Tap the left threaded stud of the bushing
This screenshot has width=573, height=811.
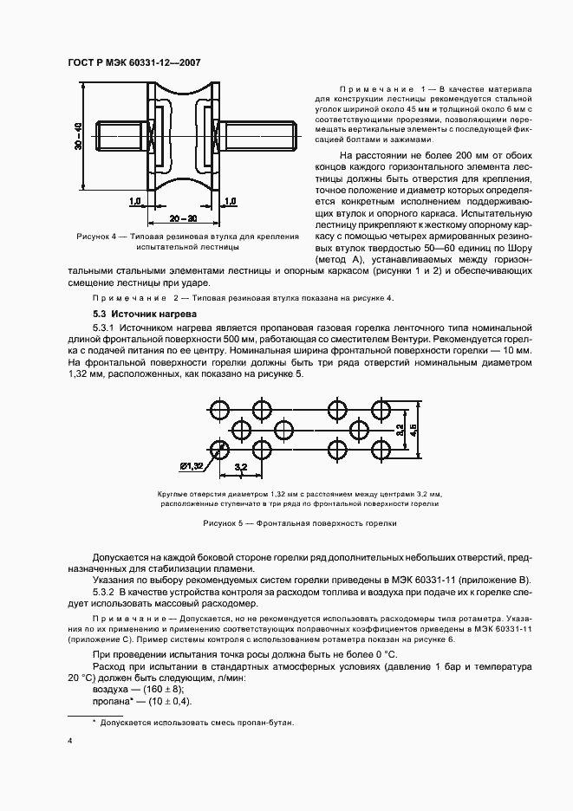(120, 135)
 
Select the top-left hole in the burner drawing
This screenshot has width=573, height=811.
(218, 407)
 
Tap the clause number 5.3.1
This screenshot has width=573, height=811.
(106, 328)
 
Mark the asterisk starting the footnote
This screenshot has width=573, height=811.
(94, 721)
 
